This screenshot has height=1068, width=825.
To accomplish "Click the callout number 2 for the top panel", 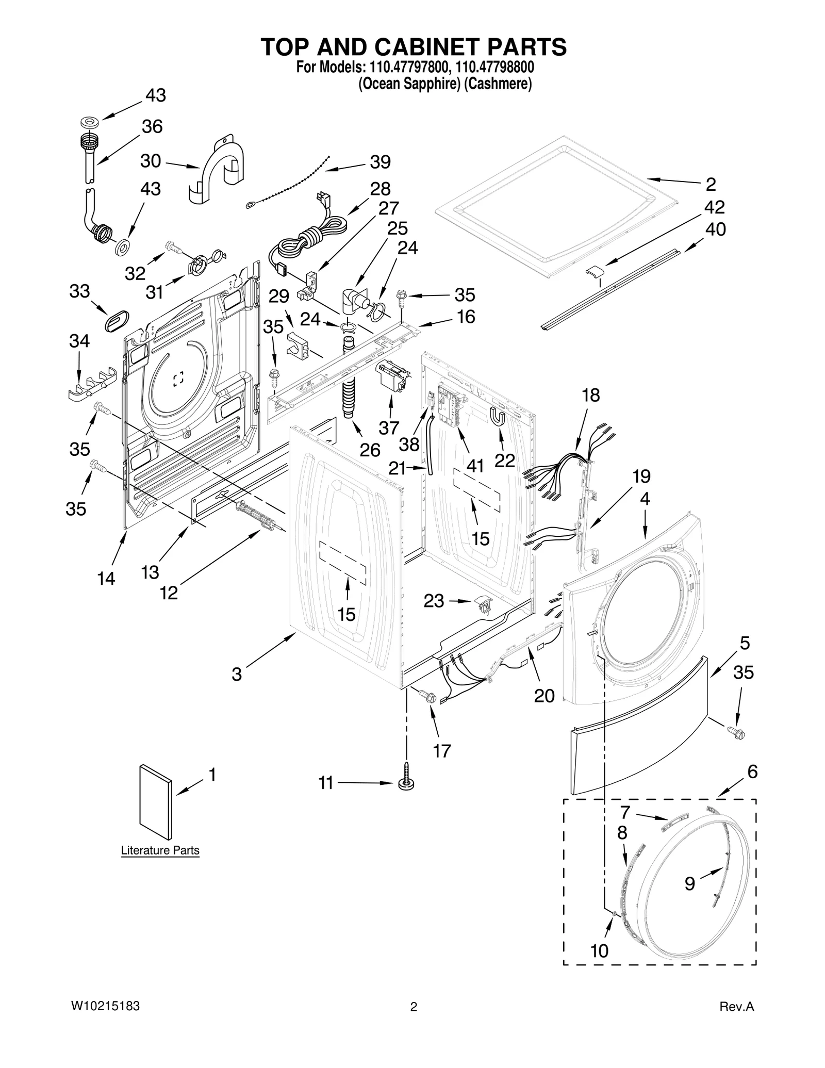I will tap(711, 184).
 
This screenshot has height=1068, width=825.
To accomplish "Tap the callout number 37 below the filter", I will tap(389, 428).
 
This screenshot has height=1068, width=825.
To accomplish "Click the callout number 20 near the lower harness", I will tap(544, 696).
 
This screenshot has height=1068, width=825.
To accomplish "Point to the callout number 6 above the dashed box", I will tap(752, 772).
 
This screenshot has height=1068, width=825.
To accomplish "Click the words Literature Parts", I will tap(160, 850).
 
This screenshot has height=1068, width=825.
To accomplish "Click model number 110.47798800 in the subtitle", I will tap(494, 67).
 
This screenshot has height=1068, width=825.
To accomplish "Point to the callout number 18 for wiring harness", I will tap(591, 395).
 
